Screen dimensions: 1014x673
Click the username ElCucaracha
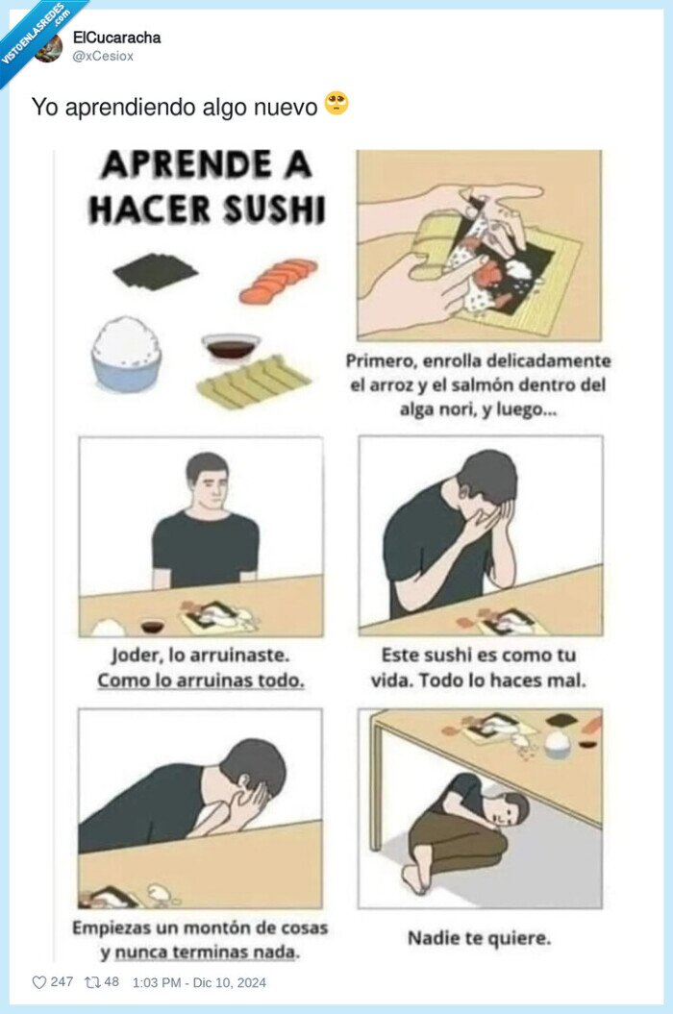pos(116,37)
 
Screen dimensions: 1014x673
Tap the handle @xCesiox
pos(103,56)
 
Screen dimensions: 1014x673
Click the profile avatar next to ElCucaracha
pos(49,47)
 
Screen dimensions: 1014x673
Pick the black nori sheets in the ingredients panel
pos(155,271)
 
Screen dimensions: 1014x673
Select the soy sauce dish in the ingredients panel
pos(231,346)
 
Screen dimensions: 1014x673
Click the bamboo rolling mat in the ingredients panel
pos(254,382)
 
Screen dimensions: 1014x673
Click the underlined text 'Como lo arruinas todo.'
pos(201,680)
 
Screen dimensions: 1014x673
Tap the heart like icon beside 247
pos(39,982)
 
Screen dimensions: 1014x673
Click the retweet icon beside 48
pos(92,982)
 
